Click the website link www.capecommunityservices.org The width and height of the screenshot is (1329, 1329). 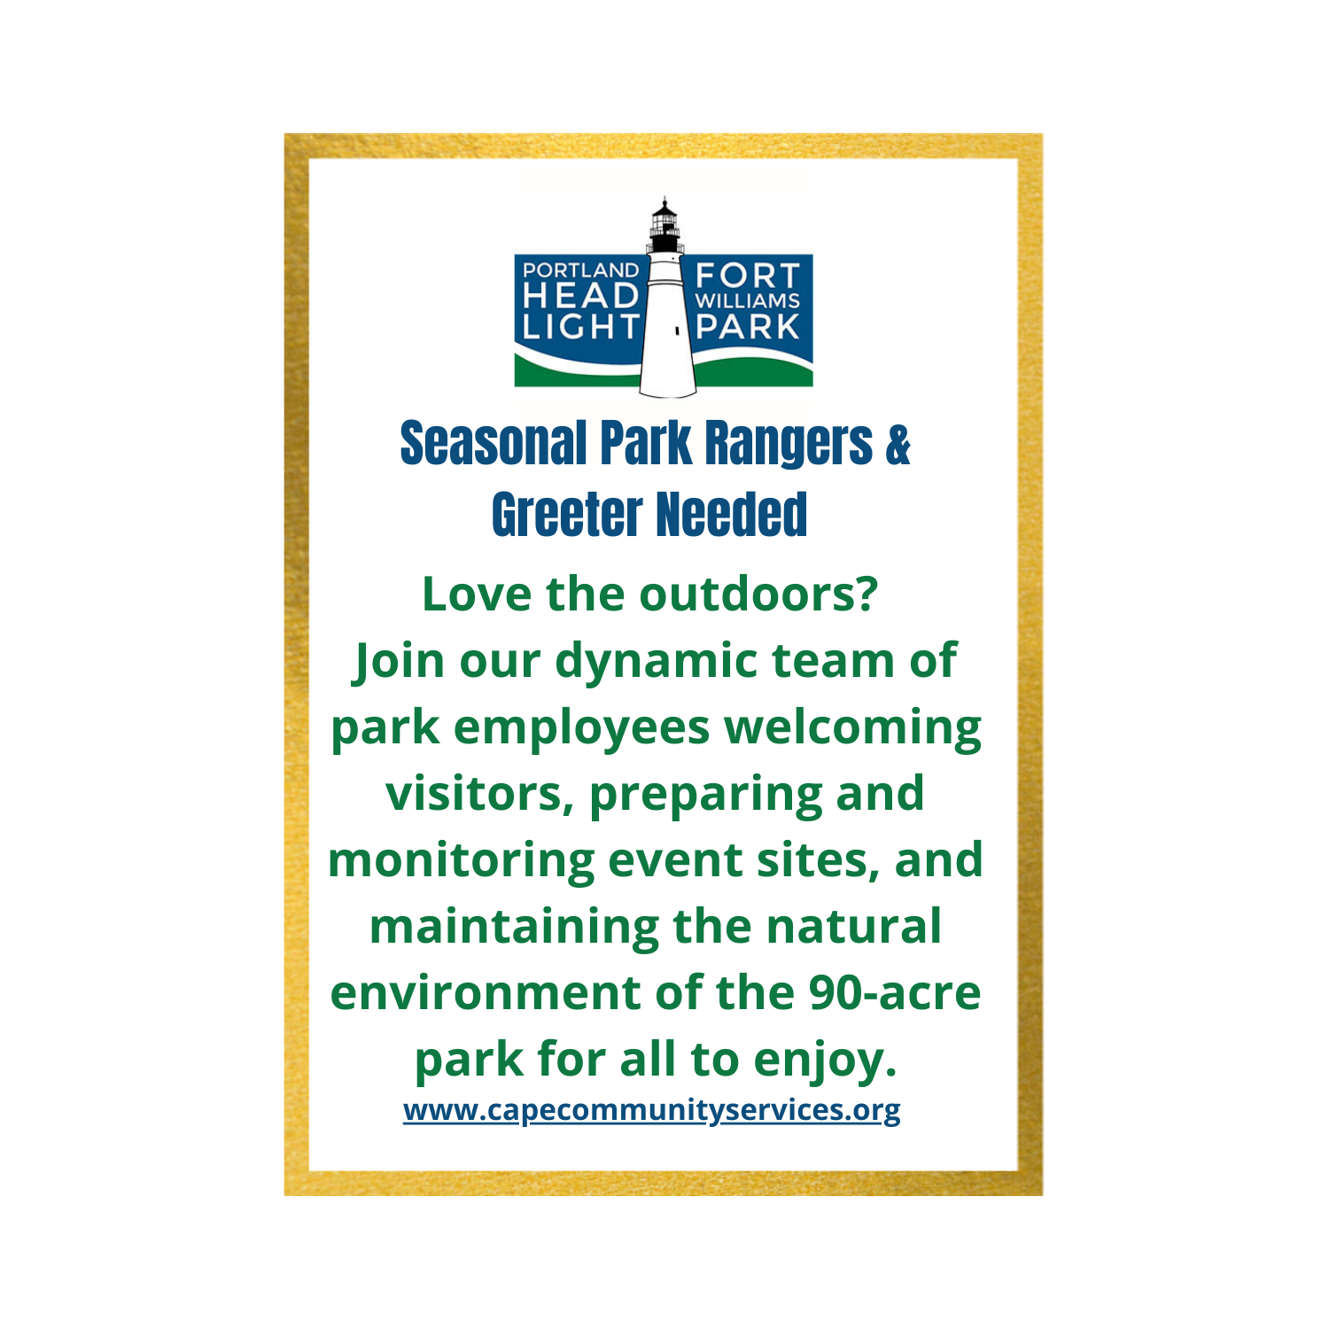pyautogui.click(x=651, y=1110)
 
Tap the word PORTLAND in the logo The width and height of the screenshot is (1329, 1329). pyautogui.click(x=580, y=270)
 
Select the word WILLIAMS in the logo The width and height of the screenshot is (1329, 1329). pyautogui.click(x=748, y=300)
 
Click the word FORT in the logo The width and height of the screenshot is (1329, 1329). pyautogui.click(x=748, y=275)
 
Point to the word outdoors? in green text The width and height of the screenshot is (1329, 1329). pyautogui.click(x=758, y=594)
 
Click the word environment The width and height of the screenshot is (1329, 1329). pyautogui.click(x=486, y=993)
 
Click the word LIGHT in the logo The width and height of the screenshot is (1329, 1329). pyautogui.click(x=580, y=327)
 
